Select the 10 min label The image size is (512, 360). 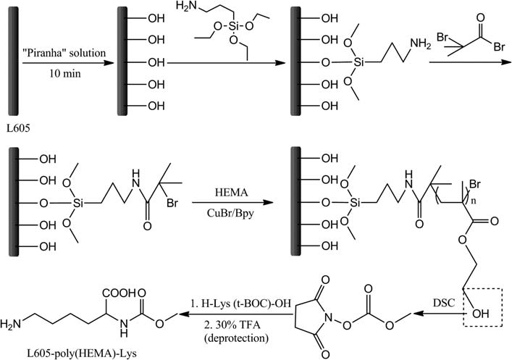point(64,75)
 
